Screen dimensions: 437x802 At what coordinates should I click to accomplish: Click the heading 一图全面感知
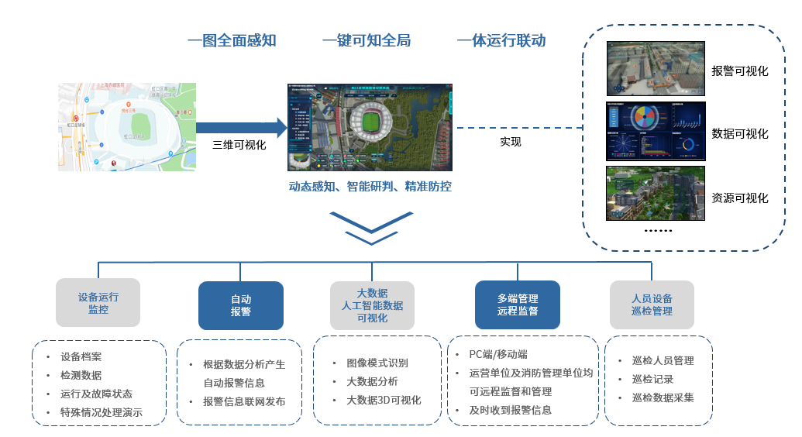232,40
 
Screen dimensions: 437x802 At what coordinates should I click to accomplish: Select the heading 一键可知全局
367,40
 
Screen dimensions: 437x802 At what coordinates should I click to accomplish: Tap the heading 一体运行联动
501,40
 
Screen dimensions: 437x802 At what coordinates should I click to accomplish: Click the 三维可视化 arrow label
239,144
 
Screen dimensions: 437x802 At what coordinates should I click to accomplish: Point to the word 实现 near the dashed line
511,142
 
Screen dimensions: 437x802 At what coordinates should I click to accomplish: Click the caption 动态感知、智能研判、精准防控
370,187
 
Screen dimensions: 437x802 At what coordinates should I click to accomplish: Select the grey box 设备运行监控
98,303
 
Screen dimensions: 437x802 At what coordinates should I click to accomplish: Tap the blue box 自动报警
241,305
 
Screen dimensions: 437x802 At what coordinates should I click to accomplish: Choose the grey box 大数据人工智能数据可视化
372,305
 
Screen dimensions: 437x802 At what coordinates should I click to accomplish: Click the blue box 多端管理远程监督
518,305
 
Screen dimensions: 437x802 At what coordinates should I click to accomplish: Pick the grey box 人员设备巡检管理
652,305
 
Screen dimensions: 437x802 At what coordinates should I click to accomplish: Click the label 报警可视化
740,71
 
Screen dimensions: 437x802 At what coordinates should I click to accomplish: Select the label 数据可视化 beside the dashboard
740,133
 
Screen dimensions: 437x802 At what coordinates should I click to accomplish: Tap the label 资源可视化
740,198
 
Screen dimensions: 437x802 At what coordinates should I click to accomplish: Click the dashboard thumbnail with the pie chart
656,131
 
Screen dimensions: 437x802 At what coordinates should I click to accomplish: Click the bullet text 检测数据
81,375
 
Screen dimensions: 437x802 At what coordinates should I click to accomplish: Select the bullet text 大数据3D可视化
384,400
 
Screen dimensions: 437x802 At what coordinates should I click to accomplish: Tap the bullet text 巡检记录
652,379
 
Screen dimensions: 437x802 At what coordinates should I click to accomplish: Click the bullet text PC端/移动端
498,354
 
